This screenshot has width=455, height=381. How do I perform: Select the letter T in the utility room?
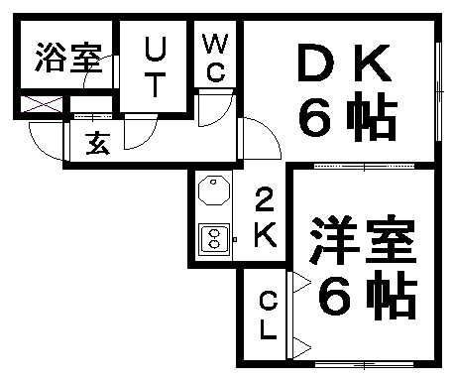[x=156, y=86]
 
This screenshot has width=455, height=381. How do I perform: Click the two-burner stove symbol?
[x=213, y=238]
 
